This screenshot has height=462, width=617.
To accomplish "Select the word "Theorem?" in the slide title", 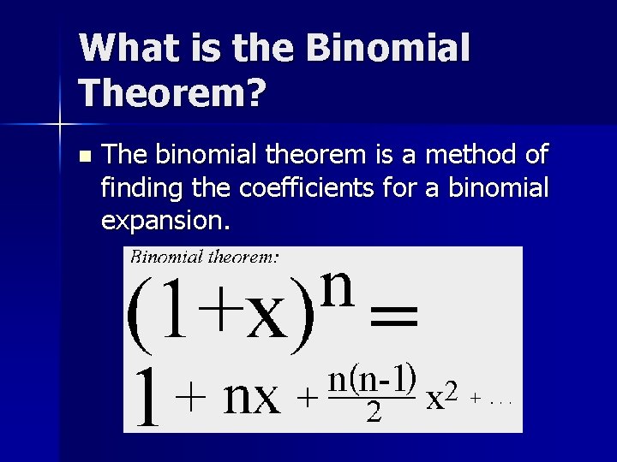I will point(171,92).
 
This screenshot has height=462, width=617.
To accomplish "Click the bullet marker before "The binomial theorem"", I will point(83,157).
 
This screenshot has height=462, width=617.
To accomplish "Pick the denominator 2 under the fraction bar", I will point(373,414).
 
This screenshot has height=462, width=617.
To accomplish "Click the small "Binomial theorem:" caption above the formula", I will point(205,255).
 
